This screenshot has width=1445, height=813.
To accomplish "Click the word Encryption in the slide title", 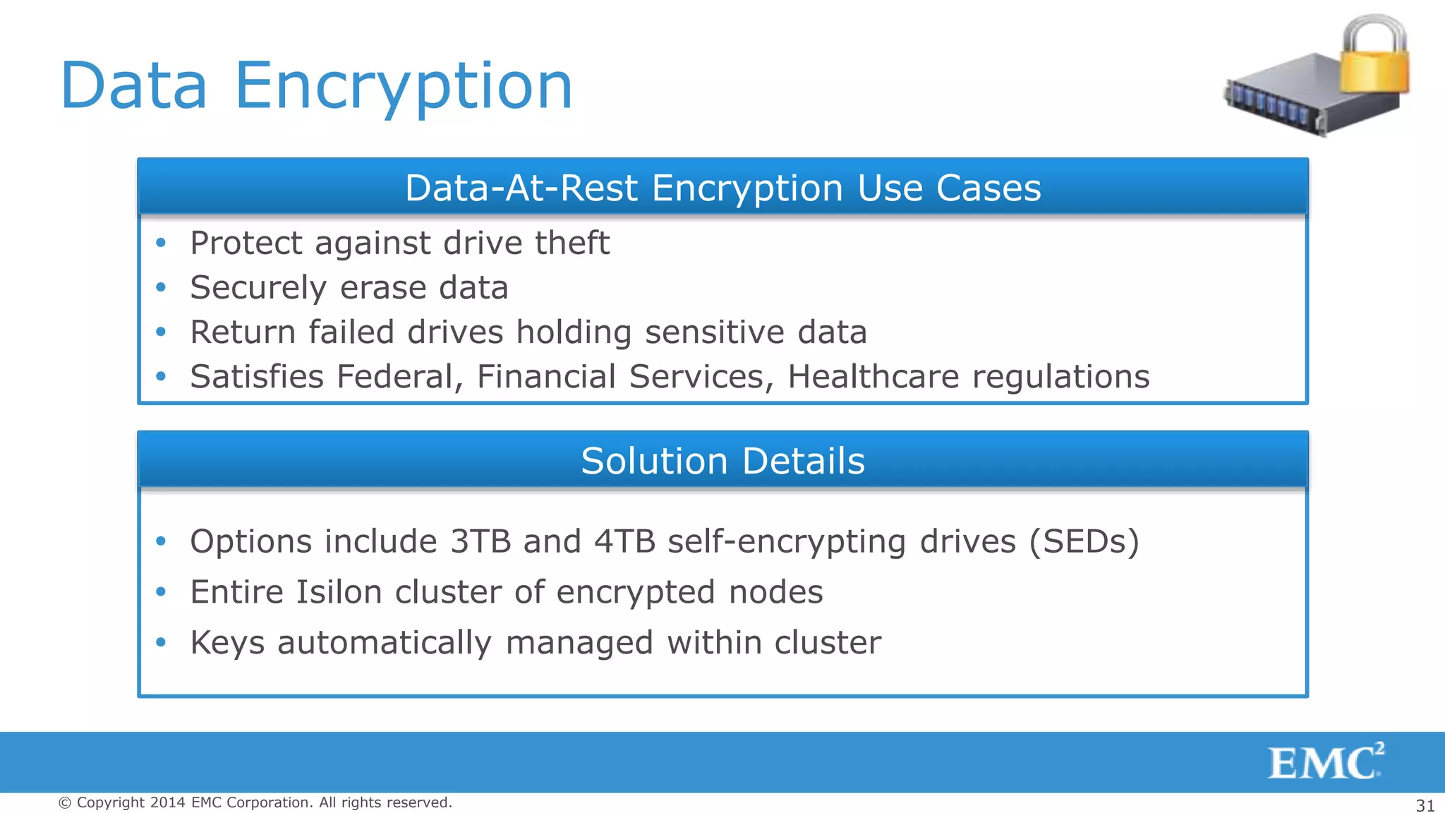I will click(403, 86).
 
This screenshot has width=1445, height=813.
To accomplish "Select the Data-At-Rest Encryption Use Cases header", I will click(722, 188).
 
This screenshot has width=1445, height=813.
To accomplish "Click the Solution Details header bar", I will click(722, 461).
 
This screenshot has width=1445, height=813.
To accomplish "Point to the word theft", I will click(572, 243).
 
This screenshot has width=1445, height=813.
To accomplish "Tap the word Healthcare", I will click(873, 377).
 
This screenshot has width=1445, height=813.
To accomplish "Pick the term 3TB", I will click(480, 542).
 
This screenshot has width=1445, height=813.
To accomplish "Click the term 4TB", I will click(625, 542).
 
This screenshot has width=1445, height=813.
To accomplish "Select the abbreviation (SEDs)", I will click(1084, 542).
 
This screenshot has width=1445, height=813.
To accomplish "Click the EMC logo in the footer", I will click(1325, 762).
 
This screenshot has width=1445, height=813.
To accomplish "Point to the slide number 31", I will click(1425, 805).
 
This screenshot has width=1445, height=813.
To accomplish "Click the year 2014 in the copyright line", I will click(167, 802).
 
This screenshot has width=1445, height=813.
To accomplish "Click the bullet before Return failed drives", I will click(161, 332).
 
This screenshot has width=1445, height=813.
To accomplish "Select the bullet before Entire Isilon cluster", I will click(161, 591).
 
